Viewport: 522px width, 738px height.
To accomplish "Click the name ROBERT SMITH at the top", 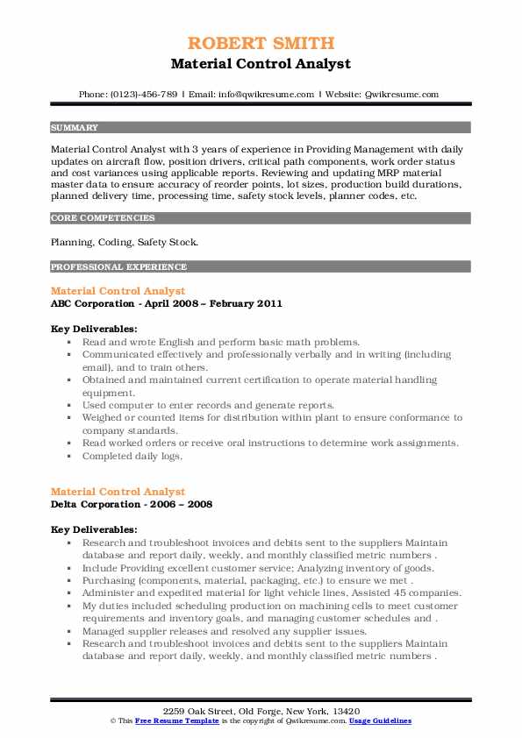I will point(261,43).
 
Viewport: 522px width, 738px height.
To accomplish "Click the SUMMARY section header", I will point(75,127).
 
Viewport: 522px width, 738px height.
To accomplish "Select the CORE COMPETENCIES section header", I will point(103,217).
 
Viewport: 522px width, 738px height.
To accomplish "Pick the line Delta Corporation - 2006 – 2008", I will point(131,505).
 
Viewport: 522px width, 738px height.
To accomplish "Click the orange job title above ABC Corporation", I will point(118,290).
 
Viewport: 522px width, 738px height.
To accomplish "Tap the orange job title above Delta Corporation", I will point(118,492).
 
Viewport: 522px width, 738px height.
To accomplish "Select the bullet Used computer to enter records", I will point(208,405).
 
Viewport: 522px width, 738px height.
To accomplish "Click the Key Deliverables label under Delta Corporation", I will point(94,529).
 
